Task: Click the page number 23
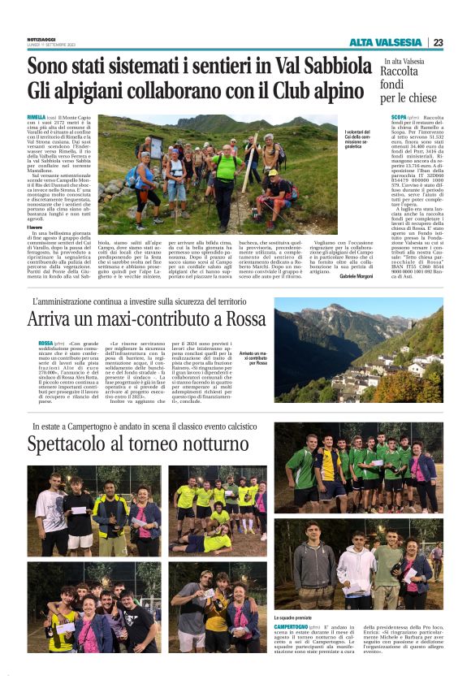438,42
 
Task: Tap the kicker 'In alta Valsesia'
403,61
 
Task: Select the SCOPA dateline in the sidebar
389,118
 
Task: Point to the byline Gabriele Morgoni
355,276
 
